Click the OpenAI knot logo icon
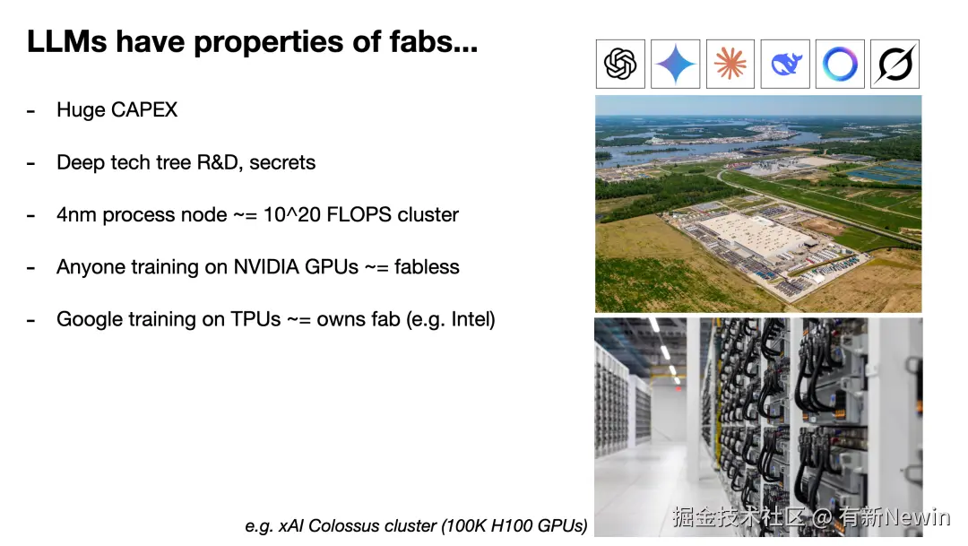click(x=620, y=65)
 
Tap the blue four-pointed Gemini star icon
click(x=676, y=65)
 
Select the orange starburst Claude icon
click(x=730, y=65)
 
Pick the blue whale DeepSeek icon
click(x=785, y=65)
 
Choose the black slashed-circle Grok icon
click(x=895, y=65)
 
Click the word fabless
click(x=427, y=267)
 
